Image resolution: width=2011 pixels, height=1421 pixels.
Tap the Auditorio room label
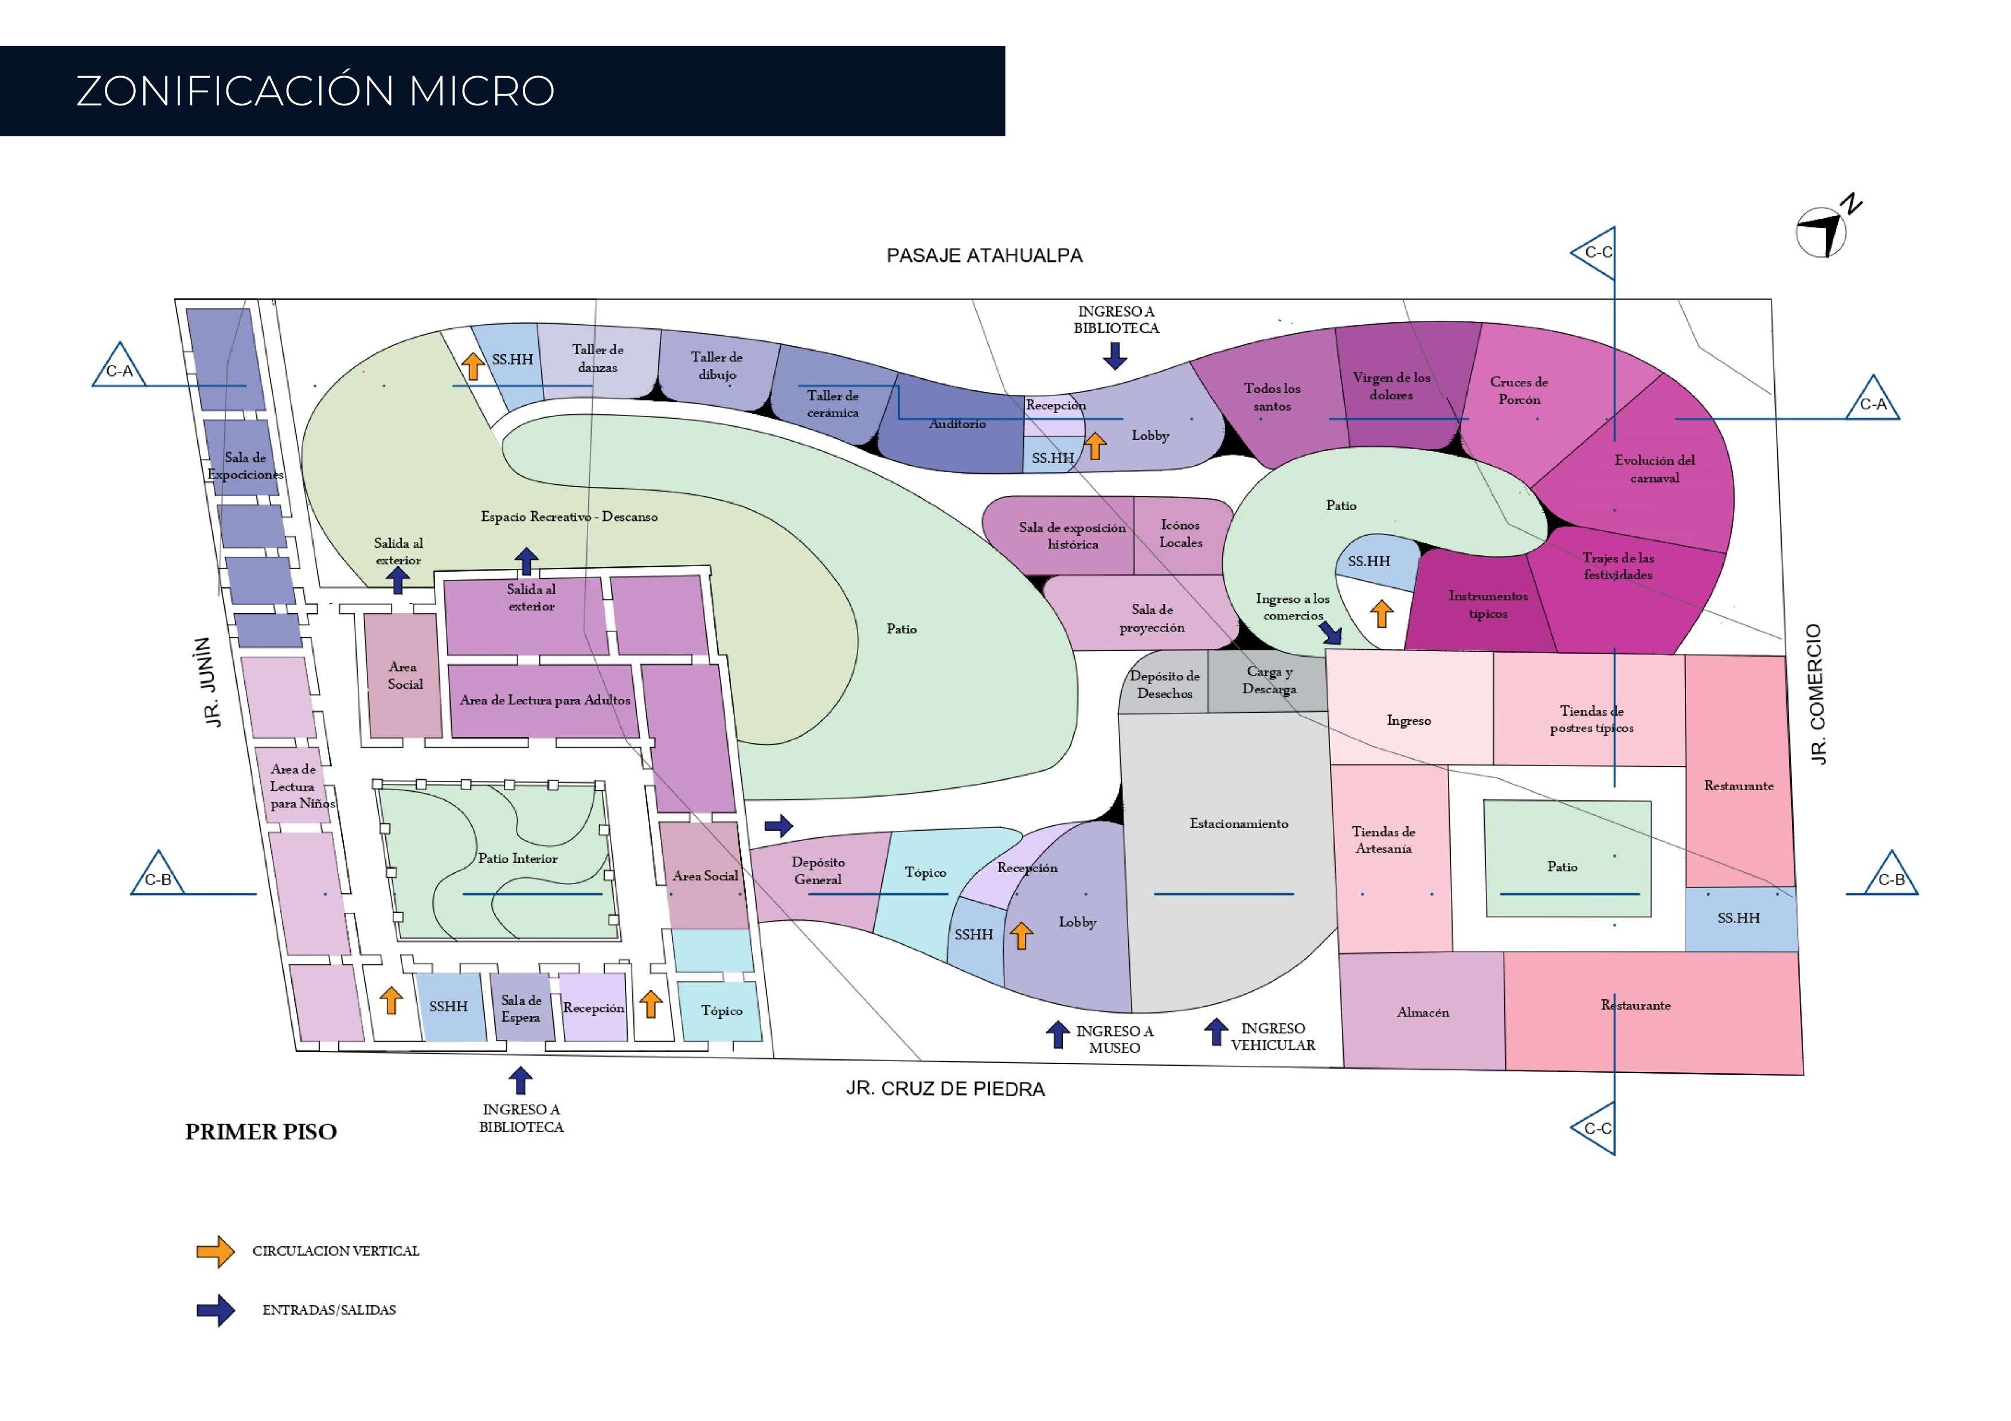click(x=957, y=424)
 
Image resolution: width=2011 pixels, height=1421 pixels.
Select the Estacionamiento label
click(x=1238, y=824)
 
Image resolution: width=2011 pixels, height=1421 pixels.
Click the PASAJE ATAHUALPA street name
click(x=984, y=256)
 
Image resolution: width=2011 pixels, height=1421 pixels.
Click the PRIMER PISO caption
click(x=261, y=1132)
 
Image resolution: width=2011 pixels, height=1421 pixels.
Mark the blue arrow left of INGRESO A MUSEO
click(x=1058, y=1035)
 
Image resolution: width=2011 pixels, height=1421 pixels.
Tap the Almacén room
click(x=1422, y=1012)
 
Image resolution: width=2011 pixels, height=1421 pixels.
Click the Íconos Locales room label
click(x=1181, y=533)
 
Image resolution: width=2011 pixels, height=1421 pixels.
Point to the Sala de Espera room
click(x=521, y=1008)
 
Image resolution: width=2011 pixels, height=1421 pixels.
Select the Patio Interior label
click(x=518, y=859)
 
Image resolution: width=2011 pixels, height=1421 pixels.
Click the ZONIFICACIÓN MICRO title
click(x=315, y=91)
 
